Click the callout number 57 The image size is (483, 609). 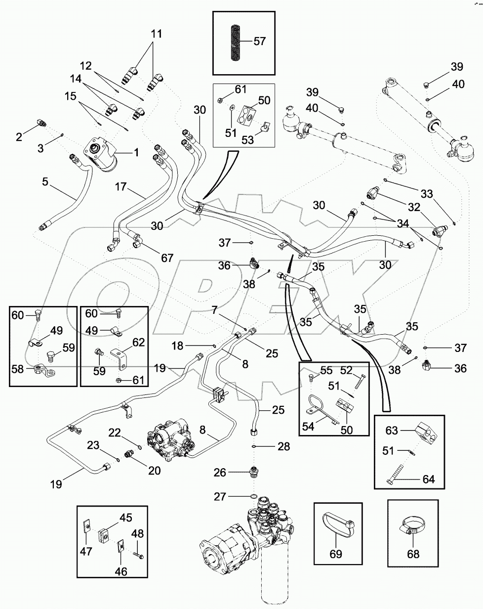[259, 41]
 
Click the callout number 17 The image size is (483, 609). [121, 187]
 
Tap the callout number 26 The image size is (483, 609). [220, 473]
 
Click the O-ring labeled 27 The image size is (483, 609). [252, 496]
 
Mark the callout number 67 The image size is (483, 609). [167, 258]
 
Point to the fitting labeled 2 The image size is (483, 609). [41, 124]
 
